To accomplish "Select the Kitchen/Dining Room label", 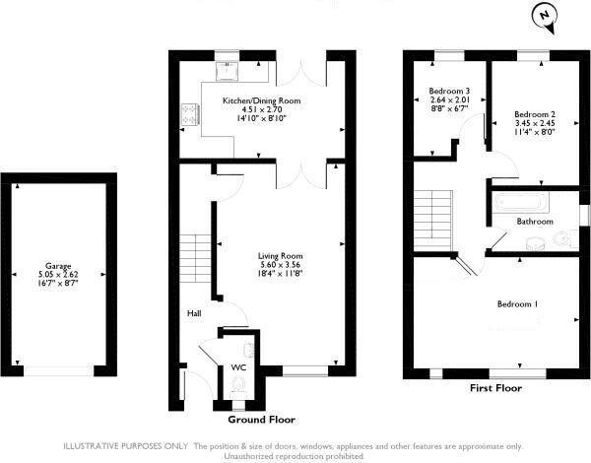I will coord(261,100).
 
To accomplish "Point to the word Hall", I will coord(195,313).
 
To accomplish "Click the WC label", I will coord(237,367).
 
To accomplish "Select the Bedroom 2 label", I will coord(535,112).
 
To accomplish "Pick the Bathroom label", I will coord(535,222).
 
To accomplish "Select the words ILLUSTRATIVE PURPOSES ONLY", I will coord(127,447).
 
